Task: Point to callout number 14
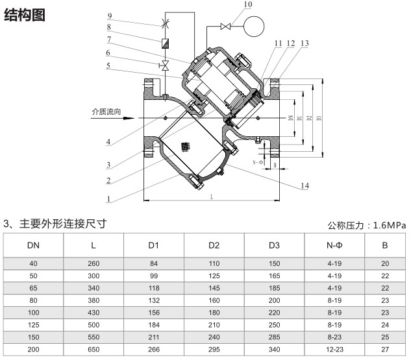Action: [x=305, y=186]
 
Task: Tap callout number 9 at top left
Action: [x=110, y=16]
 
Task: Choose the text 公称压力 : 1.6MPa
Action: [x=367, y=225]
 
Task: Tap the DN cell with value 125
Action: [x=33, y=325]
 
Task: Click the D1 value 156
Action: [x=154, y=313]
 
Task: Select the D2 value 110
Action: [x=214, y=263]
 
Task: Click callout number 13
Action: [x=305, y=43]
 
